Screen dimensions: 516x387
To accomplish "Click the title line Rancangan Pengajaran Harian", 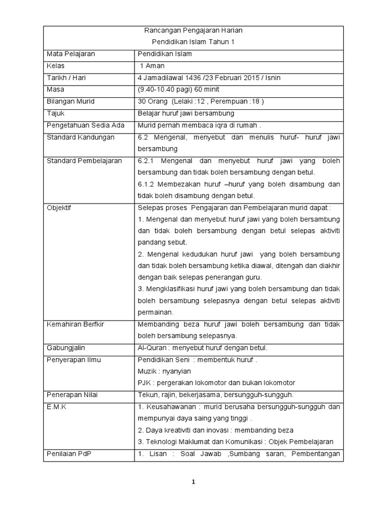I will pos(193,31).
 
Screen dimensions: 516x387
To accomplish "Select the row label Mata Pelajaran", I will pos(71,53).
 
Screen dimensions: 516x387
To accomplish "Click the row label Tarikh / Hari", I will pos(65,78).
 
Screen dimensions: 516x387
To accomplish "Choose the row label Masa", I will pos(56,90).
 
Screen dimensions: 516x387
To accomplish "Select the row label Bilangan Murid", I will pos(71,101).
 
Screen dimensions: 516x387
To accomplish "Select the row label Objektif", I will pos(59,208).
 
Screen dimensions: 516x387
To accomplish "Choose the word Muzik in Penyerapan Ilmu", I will pos(146,371).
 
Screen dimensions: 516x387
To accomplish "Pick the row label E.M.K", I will pos(56,407).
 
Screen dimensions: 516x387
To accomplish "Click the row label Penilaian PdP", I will pos(68,454).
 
